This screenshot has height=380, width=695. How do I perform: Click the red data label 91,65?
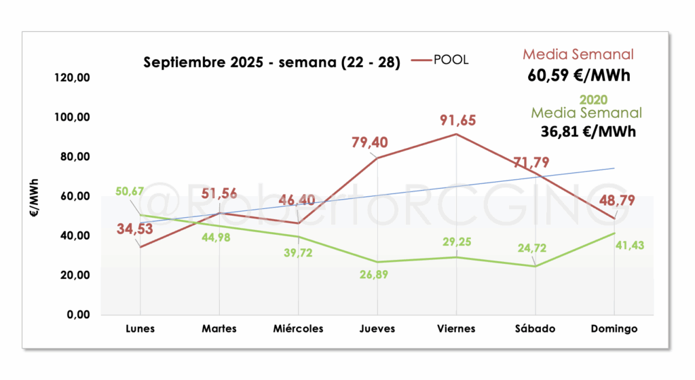point(457,121)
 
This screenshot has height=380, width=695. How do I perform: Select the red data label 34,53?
point(135,229)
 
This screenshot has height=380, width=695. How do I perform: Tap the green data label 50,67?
point(130,191)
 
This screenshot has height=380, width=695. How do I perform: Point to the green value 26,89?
point(374,275)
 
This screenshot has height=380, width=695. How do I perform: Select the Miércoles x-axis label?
point(298,328)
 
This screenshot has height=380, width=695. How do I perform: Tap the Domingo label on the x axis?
point(614,328)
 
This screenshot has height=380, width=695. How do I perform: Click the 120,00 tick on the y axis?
point(72,77)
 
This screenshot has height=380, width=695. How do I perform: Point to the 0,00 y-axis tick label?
point(78,314)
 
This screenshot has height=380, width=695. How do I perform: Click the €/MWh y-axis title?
point(34,197)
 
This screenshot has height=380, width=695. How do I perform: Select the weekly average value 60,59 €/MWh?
point(578,75)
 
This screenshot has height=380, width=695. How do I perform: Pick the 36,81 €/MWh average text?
point(588,132)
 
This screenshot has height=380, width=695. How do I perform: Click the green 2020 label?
point(593,100)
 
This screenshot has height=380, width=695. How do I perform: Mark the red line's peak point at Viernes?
point(456,134)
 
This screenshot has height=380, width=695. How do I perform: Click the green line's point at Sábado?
point(535,266)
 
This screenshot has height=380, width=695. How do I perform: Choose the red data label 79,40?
point(370,142)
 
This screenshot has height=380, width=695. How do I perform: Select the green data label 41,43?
point(629,246)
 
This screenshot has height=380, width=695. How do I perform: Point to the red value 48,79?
point(617,201)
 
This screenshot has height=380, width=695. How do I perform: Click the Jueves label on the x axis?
point(377,328)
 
